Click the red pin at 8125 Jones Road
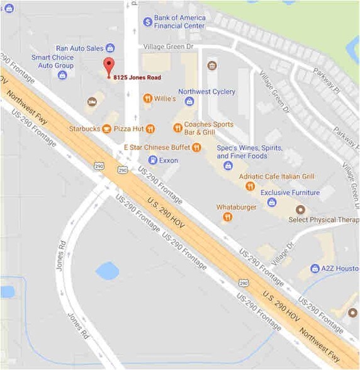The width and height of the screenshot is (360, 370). pyautogui.click(x=109, y=66)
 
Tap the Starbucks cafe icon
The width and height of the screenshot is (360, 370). pyautogui.click(x=107, y=129)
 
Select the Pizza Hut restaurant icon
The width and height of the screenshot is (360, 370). pyautogui.click(x=150, y=129)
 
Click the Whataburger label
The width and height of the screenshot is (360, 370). pyautogui.click(x=237, y=206)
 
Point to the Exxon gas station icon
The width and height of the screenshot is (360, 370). pyautogui.click(x=152, y=160)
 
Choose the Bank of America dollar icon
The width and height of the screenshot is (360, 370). pyautogui.click(x=147, y=21)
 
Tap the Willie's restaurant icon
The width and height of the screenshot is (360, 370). pyautogui.click(x=147, y=98)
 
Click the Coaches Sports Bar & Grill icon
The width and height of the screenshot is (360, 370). pyautogui.click(x=177, y=128)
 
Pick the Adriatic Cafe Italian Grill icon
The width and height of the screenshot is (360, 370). pyautogui.click(x=250, y=186)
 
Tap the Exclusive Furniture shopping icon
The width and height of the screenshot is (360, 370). pyautogui.click(x=271, y=202)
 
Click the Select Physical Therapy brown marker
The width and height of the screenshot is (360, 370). pyautogui.click(x=300, y=209)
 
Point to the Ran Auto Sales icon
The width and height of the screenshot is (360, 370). pyautogui.click(x=110, y=48)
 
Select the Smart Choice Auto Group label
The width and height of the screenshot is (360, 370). pyautogui.click(x=52, y=61)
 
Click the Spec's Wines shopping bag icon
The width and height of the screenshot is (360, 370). pyautogui.click(x=228, y=165)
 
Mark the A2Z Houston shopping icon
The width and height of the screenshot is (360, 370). pyautogui.click(x=315, y=268)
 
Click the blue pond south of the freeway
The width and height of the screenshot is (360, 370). pyautogui.click(x=107, y=271)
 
